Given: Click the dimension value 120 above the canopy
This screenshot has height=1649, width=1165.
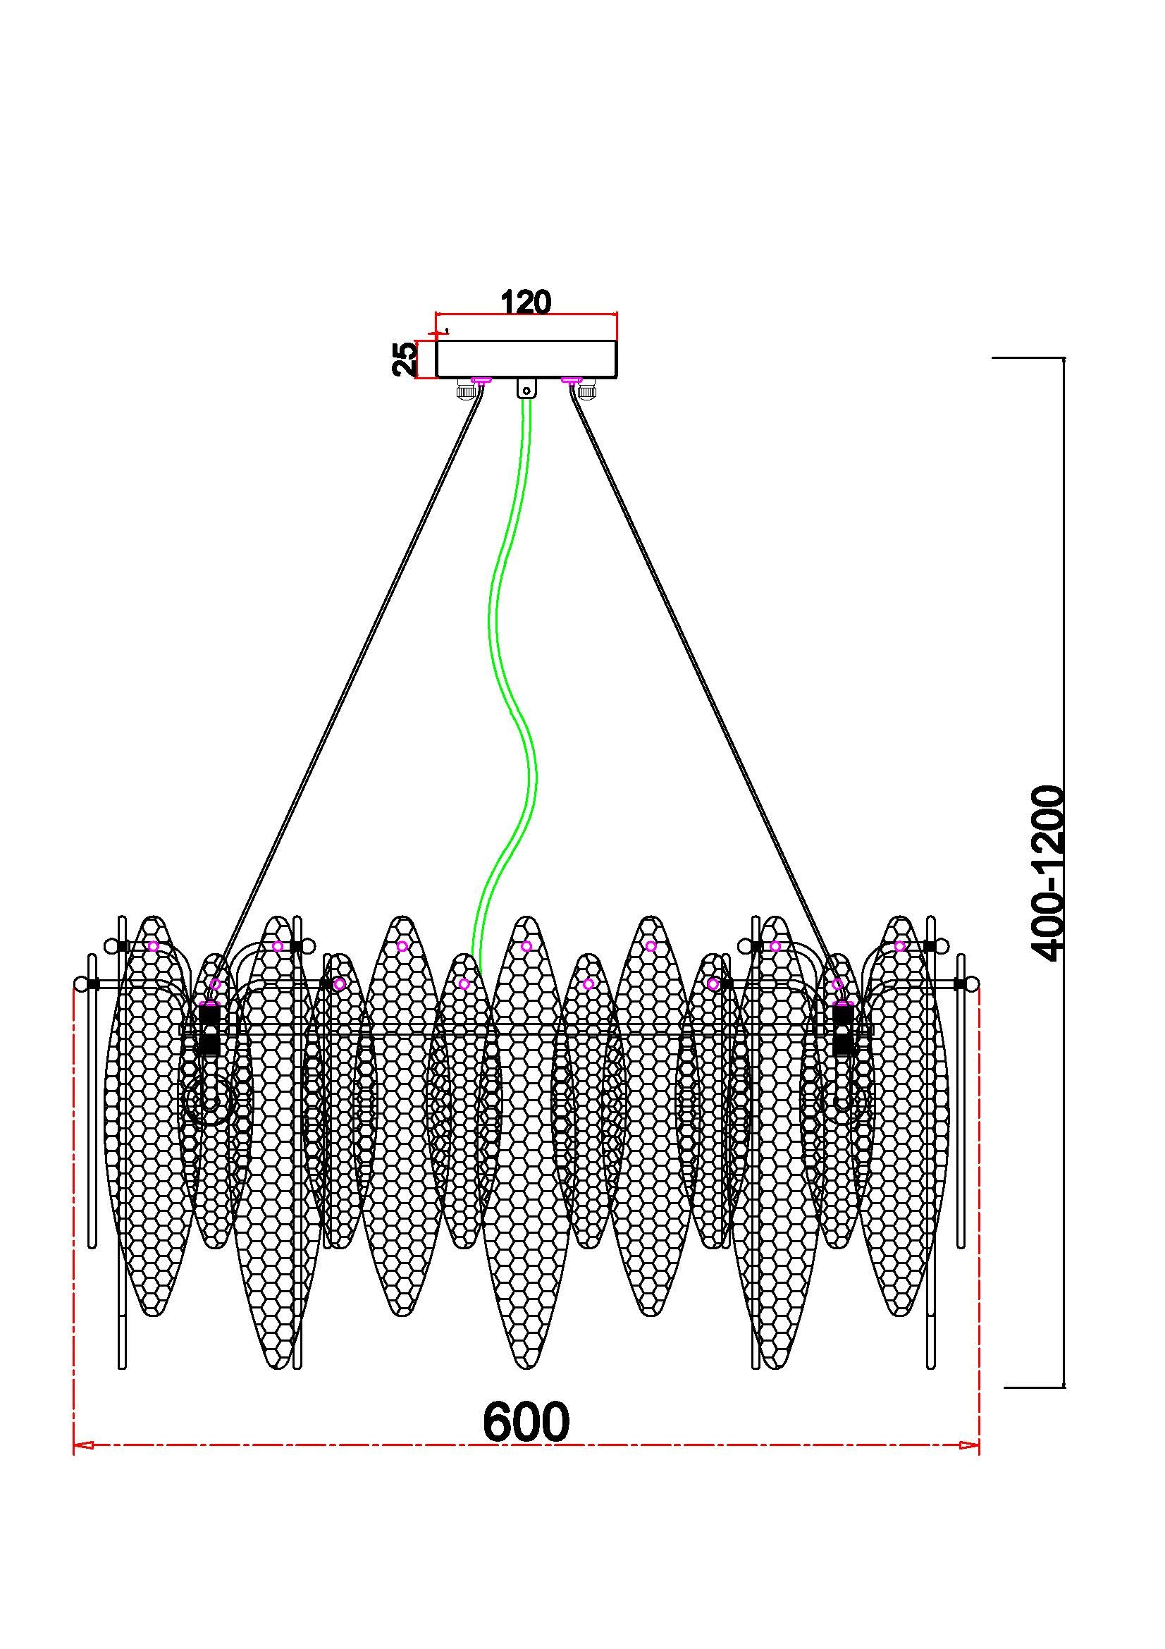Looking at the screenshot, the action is tap(526, 302).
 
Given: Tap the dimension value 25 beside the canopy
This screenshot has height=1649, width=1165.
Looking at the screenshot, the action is tap(405, 359).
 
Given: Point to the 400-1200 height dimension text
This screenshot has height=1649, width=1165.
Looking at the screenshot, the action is tap(1046, 873).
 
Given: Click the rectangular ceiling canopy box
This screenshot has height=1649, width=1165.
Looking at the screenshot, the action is tap(526, 359).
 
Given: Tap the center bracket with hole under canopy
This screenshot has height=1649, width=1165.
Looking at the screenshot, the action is tap(526, 388).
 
